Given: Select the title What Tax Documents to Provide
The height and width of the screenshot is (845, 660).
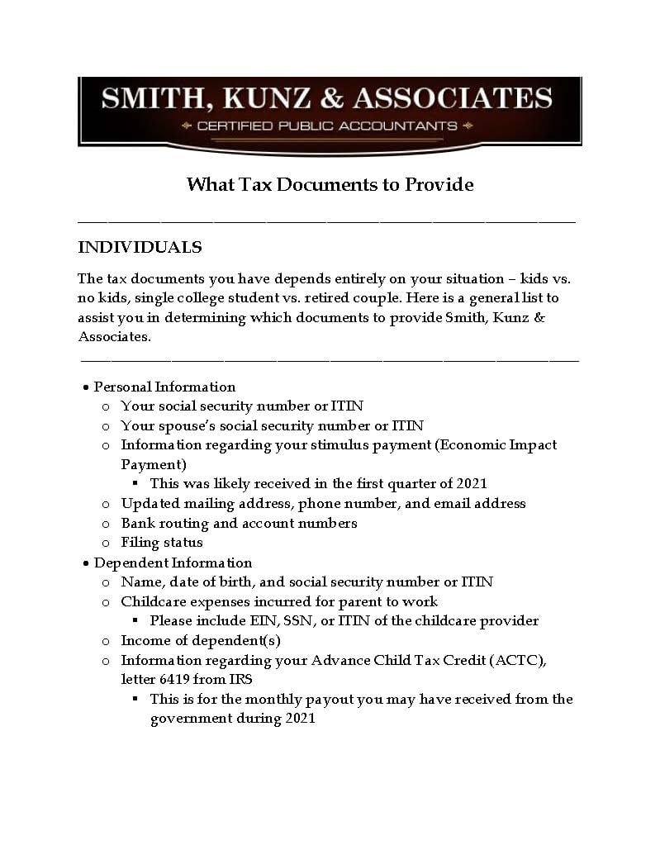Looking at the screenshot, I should click(x=330, y=183).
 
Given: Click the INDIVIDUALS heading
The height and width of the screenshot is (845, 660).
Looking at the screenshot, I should click(x=140, y=247).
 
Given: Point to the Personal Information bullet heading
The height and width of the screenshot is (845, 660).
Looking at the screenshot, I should click(x=164, y=387).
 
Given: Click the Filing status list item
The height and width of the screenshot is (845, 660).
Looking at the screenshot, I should click(x=162, y=543).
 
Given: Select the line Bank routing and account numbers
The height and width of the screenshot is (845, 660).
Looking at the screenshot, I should click(x=239, y=523).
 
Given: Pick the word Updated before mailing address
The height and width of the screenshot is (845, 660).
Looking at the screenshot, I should click(x=150, y=503).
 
